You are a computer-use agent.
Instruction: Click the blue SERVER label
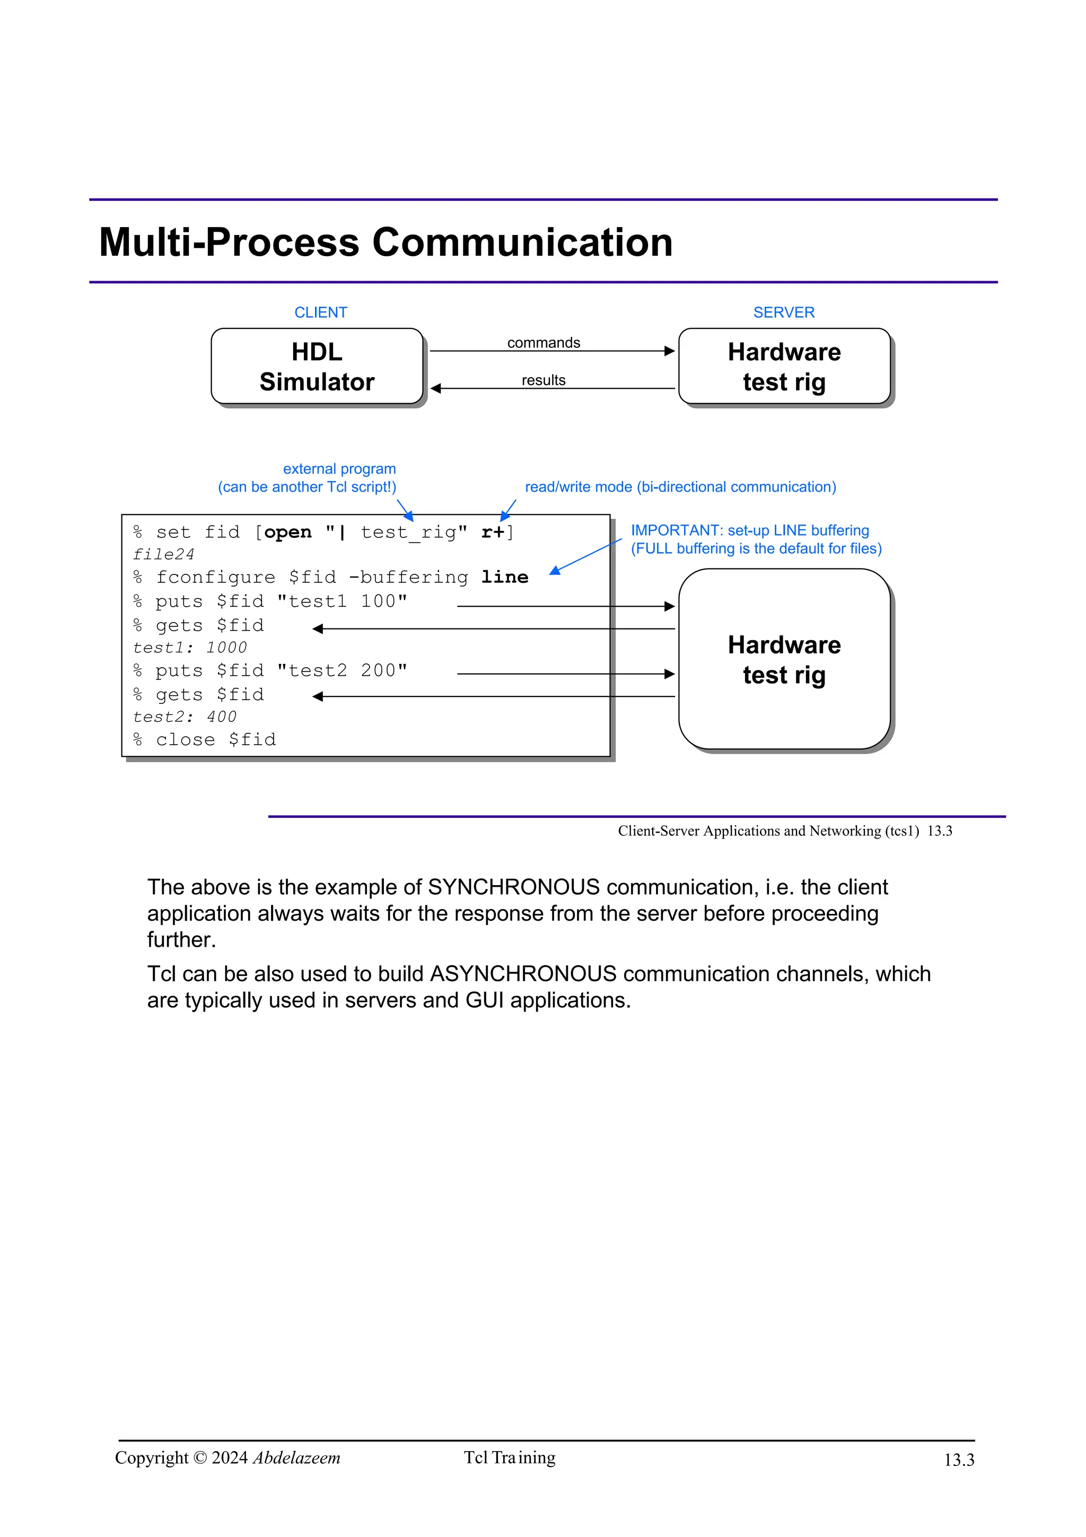point(784,312)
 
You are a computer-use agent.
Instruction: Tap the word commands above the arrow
point(544,343)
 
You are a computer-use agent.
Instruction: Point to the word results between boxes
point(544,380)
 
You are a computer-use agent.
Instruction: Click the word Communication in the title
point(522,242)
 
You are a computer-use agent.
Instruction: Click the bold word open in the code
point(288,532)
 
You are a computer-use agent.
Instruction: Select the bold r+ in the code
point(493,532)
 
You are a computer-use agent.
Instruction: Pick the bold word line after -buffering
point(504,577)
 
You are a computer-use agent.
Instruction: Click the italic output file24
point(164,555)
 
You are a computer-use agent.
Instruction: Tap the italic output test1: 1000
point(190,648)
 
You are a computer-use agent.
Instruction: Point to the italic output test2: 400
point(185,717)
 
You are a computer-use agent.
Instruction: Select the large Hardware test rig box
point(784,659)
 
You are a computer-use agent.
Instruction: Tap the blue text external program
point(339,469)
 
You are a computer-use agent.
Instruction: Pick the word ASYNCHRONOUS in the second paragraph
point(523,973)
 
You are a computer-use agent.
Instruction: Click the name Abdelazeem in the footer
point(296,1457)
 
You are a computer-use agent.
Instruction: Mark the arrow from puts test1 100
point(565,607)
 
